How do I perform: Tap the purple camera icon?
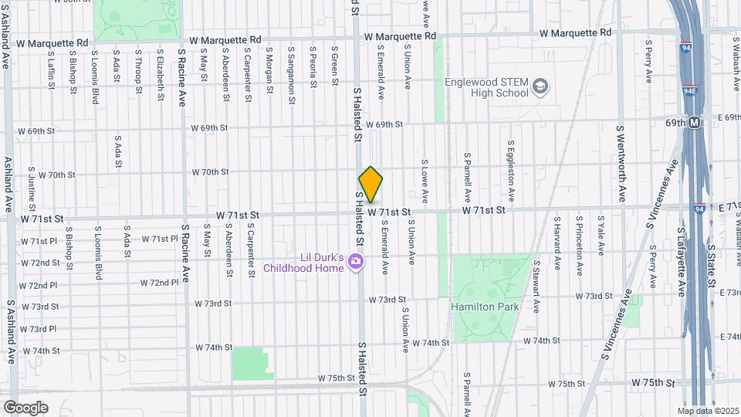pos(355,263)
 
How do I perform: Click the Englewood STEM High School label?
pos(487,86)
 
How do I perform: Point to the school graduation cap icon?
pos(540,86)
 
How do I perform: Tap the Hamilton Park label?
pos(485,307)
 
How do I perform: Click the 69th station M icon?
pos(694,122)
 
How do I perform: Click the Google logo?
pos(25,407)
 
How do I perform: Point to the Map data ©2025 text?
pos(709,411)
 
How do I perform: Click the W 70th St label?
pos(211,171)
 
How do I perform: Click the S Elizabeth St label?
pos(161,76)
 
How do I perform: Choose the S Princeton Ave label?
pos(579,242)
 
